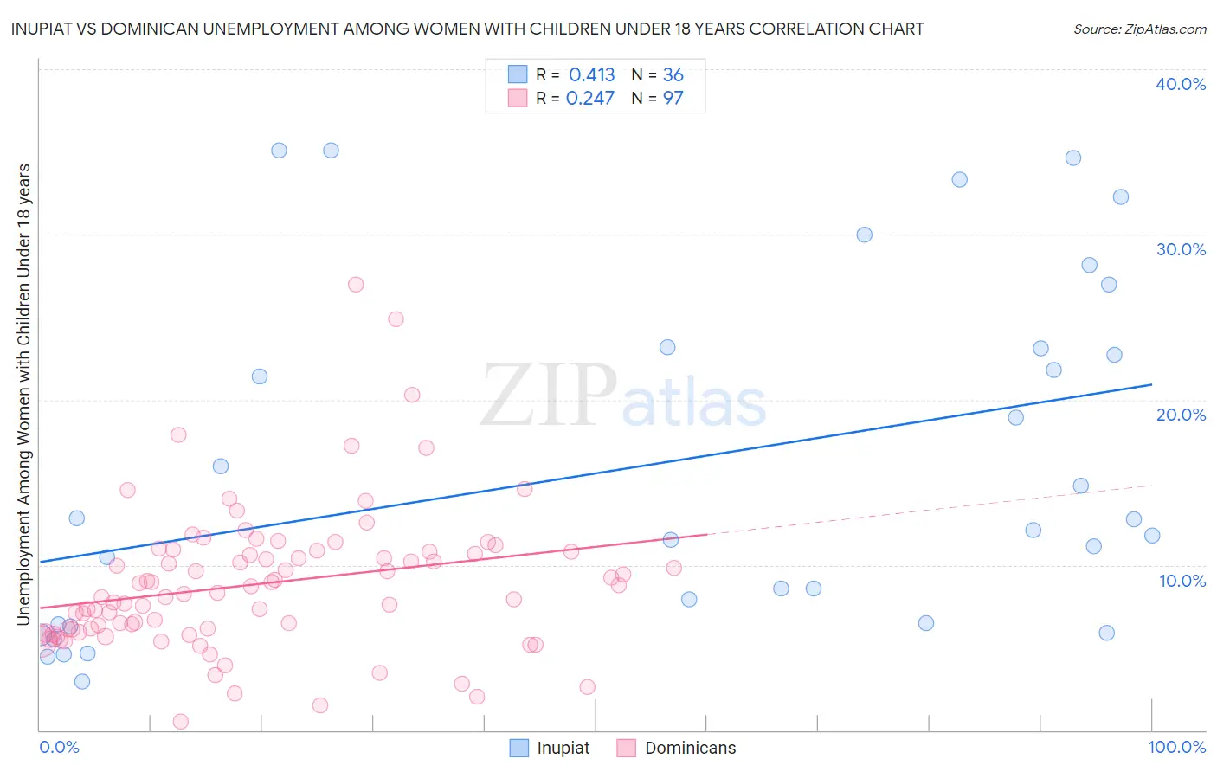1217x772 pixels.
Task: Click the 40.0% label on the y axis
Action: click(x=1181, y=84)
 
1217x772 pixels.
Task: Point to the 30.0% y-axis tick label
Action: click(x=1181, y=249)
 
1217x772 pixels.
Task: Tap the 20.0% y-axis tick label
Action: click(x=1181, y=415)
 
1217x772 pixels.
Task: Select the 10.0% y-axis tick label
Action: click(x=1182, y=580)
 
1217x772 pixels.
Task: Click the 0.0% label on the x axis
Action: click(x=59, y=747)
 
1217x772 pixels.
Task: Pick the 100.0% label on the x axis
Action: click(x=1176, y=747)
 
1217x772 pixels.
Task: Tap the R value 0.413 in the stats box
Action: click(x=591, y=74)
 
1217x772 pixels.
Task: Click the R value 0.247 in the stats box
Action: click(x=589, y=98)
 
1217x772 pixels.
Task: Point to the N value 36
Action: click(x=673, y=74)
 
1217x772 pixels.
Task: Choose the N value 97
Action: click(x=673, y=98)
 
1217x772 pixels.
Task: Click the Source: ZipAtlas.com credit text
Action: click(x=1139, y=29)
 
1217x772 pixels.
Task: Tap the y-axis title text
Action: click(x=23, y=394)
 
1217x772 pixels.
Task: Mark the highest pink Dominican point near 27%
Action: click(x=355, y=285)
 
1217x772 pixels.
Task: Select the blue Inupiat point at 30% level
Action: click(x=864, y=235)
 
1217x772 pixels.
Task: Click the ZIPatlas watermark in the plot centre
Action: click(x=623, y=396)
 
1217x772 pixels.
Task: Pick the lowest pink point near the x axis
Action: click(x=181, y=721)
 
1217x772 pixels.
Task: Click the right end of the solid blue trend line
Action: click(x=1152, y=384)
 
